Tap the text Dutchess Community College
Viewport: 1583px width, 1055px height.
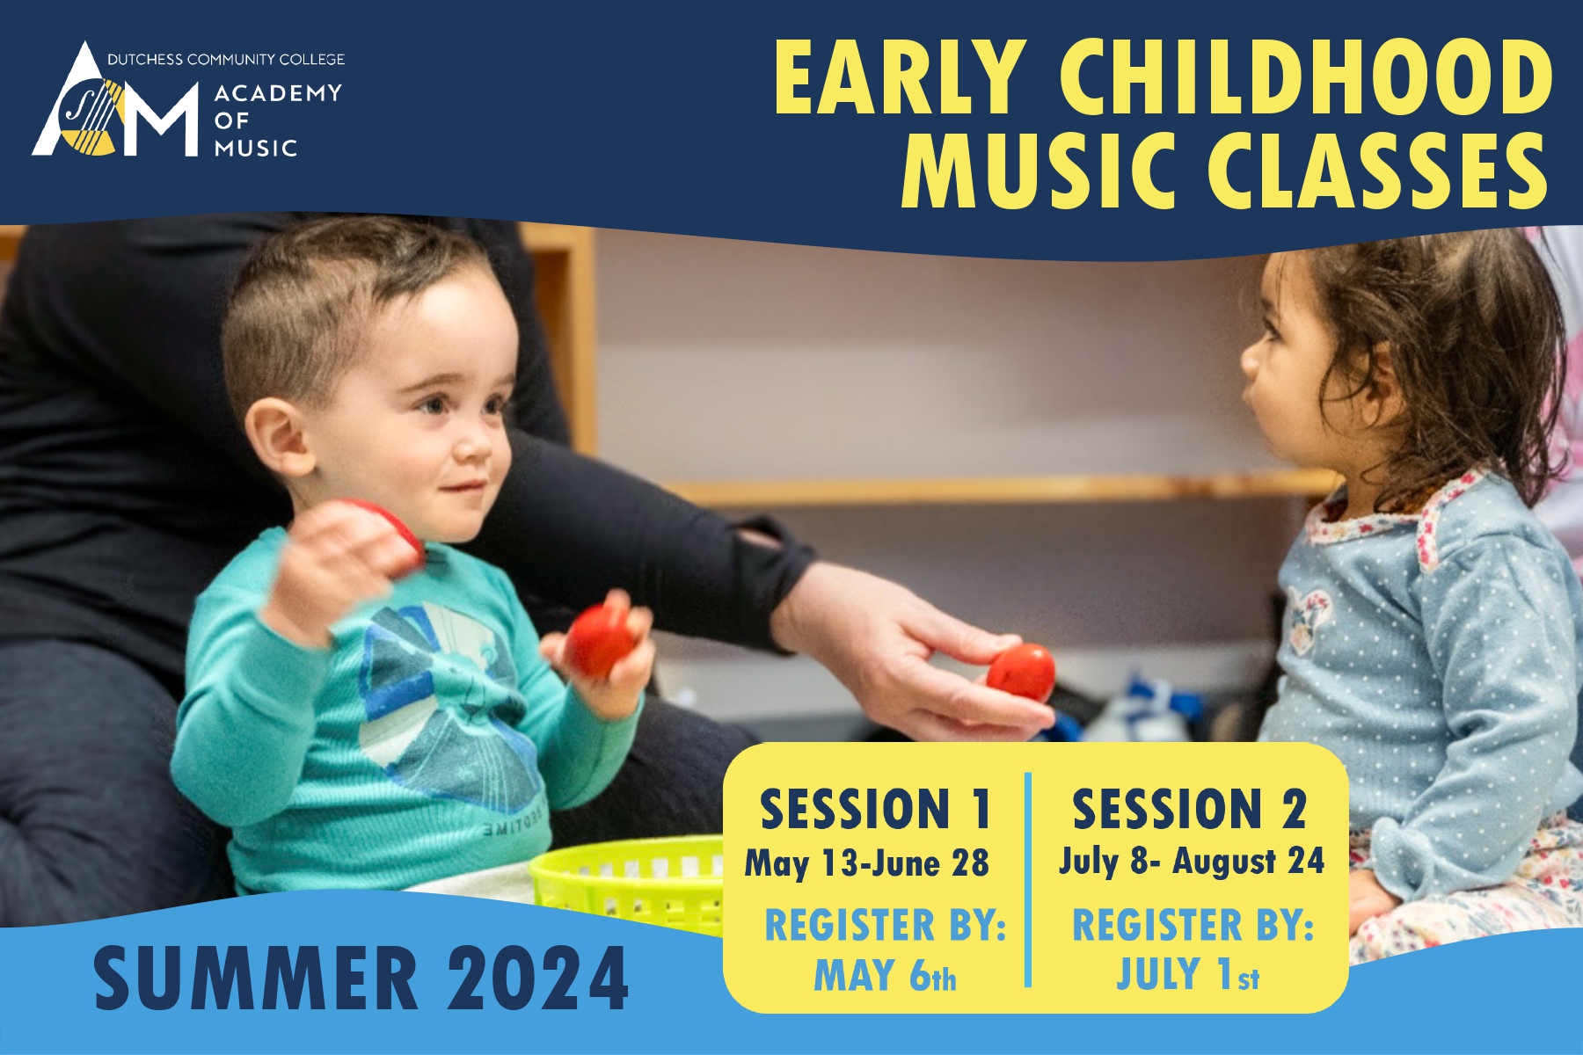[226, 60]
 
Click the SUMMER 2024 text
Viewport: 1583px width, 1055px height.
[361, 979]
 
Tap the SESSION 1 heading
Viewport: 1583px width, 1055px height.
[876, 809]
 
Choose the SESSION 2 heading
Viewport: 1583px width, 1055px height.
[1189, 809]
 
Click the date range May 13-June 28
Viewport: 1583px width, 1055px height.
[867, 863]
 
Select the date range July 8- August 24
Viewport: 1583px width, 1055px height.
[1192, 861]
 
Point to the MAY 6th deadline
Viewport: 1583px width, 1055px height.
[885, 975]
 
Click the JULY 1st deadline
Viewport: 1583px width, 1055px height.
[1188, 974]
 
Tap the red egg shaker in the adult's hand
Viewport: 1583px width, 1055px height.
[1021, 673]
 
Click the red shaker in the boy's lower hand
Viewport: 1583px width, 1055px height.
[599, 639]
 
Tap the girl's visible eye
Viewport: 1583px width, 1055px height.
[1273, 333]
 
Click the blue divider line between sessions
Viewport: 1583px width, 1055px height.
[1028, 879]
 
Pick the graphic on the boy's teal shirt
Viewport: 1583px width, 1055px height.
[449, 703]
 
